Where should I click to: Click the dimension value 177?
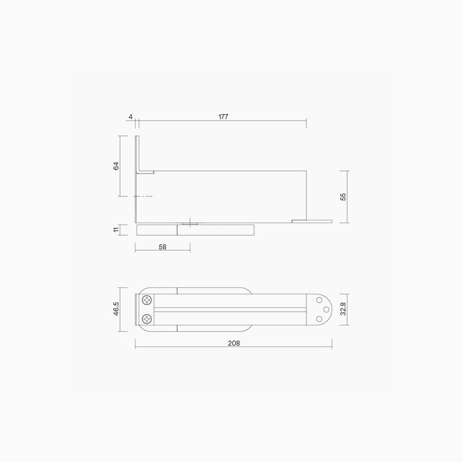223,117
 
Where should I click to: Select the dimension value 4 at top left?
131,117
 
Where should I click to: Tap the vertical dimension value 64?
116,166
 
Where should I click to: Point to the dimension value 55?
343,197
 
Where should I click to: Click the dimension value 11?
116,230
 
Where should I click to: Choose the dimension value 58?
162,247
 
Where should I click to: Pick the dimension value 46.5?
116,309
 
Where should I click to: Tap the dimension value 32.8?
343,309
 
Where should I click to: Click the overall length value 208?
234,343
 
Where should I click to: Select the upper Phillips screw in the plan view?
147,300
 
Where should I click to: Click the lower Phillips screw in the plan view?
147,319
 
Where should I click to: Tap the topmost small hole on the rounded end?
319,300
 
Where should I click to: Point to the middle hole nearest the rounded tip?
326,310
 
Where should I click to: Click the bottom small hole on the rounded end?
319,319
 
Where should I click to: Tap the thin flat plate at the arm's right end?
312,221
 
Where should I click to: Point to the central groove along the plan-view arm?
230,310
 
